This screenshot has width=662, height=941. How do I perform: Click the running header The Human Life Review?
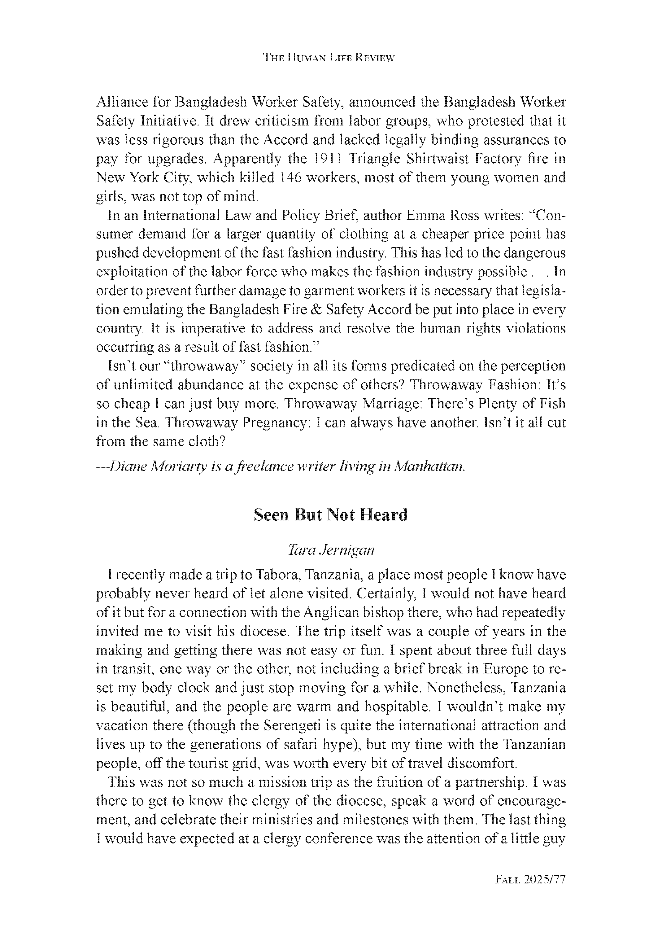pyautogui.click(x=329, y=58)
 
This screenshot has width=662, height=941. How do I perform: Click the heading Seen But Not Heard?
pyautogui.click(x=331, y=515)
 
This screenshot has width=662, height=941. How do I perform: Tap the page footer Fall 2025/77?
pyautogui.click(x=530, y=880)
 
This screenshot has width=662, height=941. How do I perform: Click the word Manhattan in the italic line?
pyautogui.click(x=429, y=466)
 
